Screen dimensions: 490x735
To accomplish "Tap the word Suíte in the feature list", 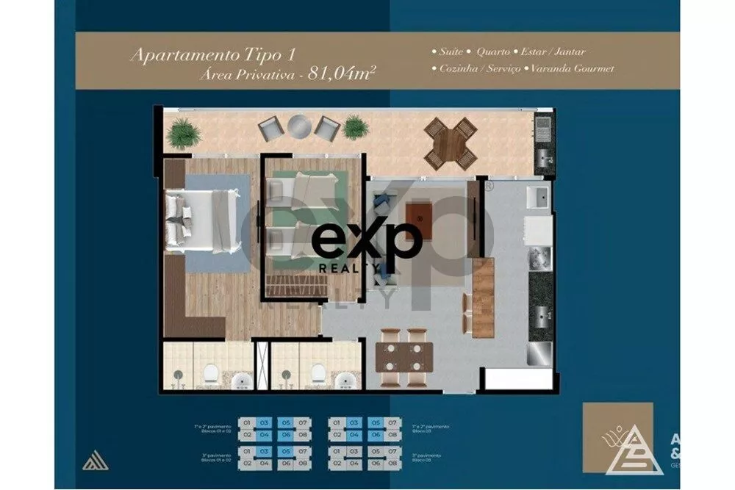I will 449,52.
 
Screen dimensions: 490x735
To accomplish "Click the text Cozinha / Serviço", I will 479,68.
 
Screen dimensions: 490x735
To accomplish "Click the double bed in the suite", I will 202,217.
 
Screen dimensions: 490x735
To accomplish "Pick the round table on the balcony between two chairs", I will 300,126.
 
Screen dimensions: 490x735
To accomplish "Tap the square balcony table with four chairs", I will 450,143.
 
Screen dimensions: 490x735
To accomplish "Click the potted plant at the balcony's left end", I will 183,134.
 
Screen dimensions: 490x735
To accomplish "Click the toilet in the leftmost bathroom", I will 211,374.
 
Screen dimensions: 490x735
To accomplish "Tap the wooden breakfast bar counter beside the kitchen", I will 482,297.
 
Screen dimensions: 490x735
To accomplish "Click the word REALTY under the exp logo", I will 344,268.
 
